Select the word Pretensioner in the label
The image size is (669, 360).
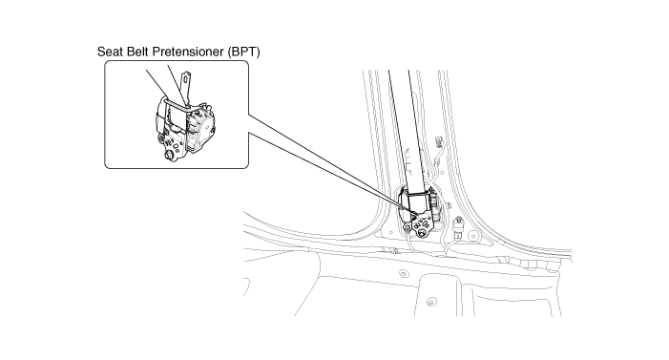(188, 52)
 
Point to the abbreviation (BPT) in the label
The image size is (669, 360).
(243, 52)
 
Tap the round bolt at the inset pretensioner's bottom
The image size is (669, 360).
(169, 155)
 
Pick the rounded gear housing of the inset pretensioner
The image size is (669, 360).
(201, 128)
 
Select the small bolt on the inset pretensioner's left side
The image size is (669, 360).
(161, 138)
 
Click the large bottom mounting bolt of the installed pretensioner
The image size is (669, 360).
(422, 232)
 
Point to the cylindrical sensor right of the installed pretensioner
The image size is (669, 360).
(458, 227)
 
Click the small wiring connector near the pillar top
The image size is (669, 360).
(439, 139)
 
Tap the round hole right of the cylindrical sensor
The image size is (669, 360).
(472, 236)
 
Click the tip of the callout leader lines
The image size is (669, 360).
(415, 214)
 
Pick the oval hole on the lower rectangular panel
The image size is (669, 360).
(431, 302)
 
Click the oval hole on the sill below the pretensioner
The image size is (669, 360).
(403, 273)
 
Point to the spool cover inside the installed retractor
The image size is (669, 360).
(419, 201)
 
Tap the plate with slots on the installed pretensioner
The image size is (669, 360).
(421, 223)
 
